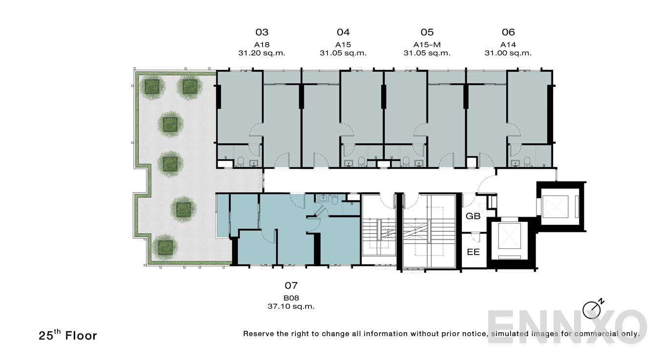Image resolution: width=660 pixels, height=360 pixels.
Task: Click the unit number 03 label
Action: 262,32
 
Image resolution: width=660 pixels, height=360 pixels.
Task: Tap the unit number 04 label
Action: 343,32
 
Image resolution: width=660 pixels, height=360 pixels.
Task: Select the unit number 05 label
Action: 427,32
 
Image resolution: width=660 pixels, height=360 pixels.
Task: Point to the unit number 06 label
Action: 508,32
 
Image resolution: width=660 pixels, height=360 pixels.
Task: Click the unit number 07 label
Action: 291,285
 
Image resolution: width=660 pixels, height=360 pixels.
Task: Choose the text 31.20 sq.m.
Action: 262,53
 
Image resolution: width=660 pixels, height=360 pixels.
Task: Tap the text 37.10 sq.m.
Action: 291,307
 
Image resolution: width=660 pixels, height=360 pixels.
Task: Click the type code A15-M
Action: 427,44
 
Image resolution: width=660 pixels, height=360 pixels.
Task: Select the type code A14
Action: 508,44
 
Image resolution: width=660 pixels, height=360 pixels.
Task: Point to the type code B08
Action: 291,298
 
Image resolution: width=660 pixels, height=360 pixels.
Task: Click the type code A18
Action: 262,44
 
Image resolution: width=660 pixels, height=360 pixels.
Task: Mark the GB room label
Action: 473,216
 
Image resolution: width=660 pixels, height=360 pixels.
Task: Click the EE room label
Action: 473,252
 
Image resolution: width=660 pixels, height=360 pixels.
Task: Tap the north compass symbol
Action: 592,309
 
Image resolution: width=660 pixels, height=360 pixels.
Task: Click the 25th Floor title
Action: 68,335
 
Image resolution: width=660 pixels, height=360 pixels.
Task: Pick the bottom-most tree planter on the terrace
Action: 164,246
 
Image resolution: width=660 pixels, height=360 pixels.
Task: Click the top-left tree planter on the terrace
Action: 152,86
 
